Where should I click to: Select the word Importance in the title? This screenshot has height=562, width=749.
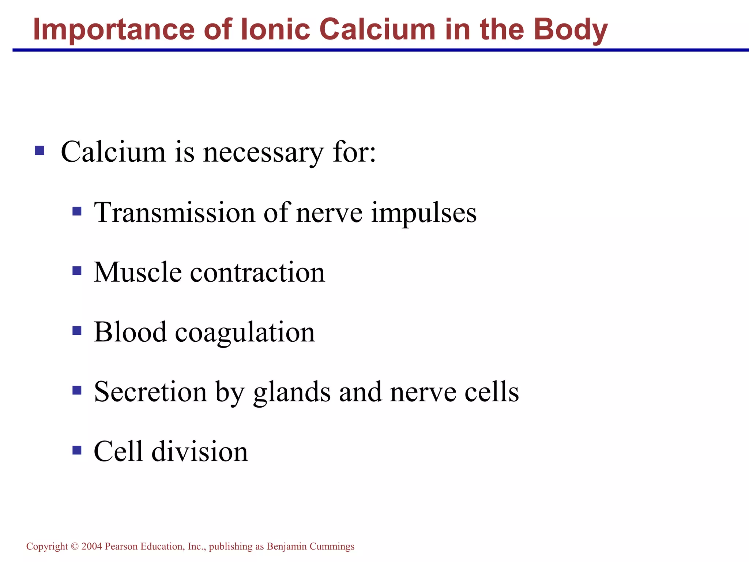[113, 30]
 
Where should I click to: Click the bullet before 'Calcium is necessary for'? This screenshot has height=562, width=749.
[39, 150]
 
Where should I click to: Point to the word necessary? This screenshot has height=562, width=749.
[263, 152]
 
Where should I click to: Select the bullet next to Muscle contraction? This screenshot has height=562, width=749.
[77, 271]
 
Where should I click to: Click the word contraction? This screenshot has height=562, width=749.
[257, 272]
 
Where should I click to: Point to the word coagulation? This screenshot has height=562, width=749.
[245, 333]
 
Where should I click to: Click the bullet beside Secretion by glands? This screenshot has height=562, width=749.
[77, 390]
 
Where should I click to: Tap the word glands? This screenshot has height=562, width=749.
[291, 392]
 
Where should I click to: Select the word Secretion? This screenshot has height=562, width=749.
[150, 391]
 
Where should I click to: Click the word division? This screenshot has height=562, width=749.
[200, 451]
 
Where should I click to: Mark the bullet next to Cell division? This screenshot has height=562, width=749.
[77, 450]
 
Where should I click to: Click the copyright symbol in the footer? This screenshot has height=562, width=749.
[75, 547]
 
